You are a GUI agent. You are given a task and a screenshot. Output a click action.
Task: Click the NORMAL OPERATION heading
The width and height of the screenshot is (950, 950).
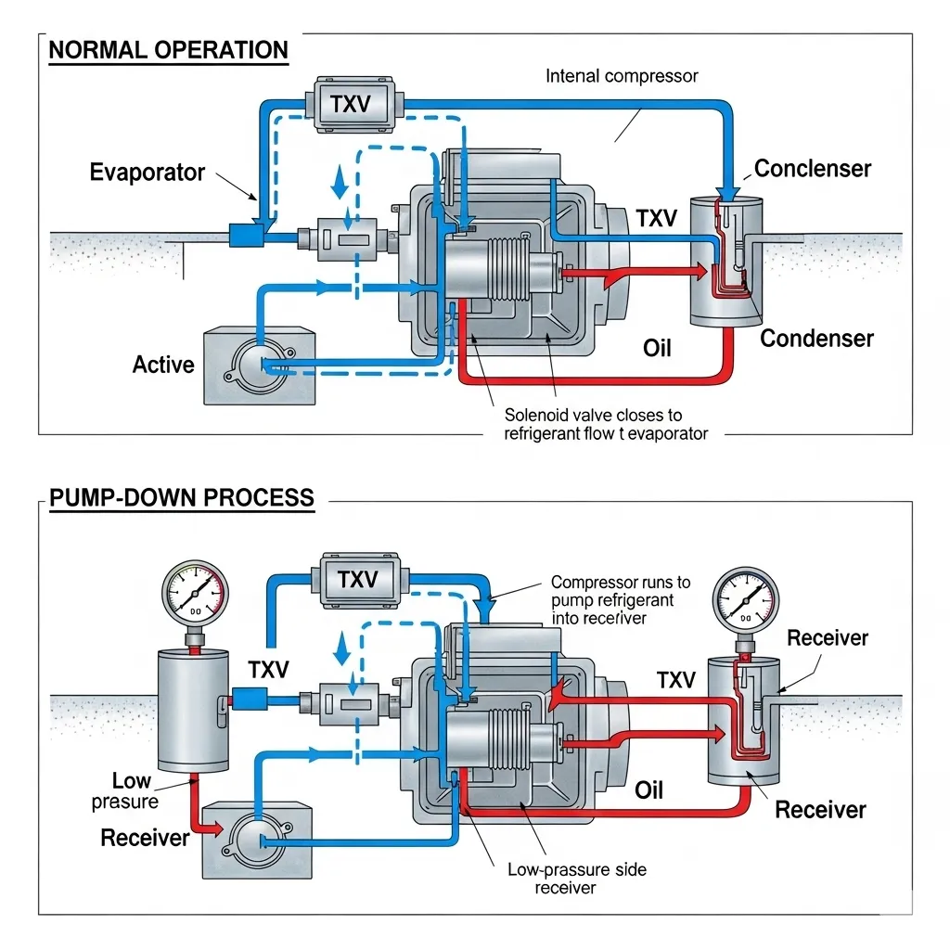[x=168, y=50]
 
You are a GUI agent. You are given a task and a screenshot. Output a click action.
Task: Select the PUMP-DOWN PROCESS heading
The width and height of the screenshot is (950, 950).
[x=181, y=497]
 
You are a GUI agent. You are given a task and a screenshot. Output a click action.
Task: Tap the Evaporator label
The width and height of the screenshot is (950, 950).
[x=147, y=173]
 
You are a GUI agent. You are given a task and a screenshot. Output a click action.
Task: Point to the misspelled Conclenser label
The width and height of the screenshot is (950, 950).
[x=813, y=169]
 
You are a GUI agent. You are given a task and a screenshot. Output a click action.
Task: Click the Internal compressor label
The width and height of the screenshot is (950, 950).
[x=622, y=76]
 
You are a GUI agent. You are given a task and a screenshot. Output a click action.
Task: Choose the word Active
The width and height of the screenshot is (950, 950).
[x=163, y=365]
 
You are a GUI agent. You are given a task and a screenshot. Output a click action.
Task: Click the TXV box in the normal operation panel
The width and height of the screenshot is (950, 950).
[x=350, y=103]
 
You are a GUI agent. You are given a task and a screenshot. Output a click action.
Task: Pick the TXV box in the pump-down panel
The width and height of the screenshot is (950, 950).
[x=357, y=580]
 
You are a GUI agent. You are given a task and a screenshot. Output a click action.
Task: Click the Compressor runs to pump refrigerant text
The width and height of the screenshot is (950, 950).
[x=620, y=599]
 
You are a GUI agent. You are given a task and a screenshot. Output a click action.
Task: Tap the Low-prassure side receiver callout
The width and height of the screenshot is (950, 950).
[x=576, y=879]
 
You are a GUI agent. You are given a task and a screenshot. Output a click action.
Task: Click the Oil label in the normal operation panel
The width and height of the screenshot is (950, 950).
[x=657, y=349]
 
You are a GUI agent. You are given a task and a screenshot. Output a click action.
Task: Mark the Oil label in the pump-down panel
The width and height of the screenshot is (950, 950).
[x=649, y=790]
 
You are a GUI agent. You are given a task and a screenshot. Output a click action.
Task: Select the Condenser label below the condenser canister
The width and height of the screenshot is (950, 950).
[x=816, y=339]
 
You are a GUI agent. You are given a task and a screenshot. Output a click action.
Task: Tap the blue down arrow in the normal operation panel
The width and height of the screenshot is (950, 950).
[x=340, y=183]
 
